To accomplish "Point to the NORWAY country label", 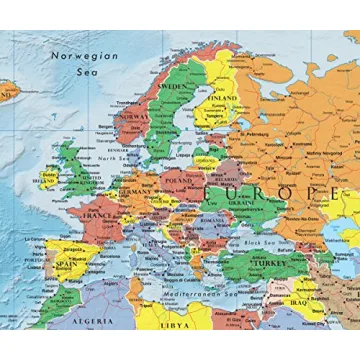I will point(133,116).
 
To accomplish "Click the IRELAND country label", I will point(44,181).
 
